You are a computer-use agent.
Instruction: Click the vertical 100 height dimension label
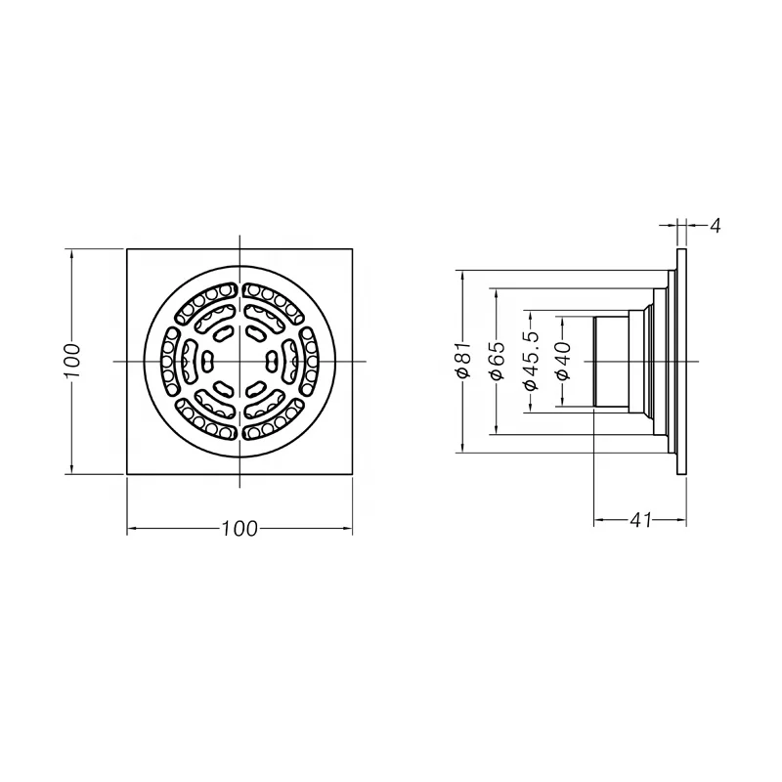click(70, 362)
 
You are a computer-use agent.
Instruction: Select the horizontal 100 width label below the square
click(239, 529)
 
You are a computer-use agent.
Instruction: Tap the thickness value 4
click(715, 226)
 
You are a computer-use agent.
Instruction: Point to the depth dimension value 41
click(640, 521)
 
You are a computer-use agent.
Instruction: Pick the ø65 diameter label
click(497, 362)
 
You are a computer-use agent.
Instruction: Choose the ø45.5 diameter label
click(531, 362)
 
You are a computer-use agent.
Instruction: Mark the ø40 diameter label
click(563, 362)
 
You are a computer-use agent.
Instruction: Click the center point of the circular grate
click(239, 362)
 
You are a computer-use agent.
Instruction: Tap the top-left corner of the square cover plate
click(128, 249)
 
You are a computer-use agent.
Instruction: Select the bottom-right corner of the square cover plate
click(352, 474)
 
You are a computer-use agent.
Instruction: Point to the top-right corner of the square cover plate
click(352, 249)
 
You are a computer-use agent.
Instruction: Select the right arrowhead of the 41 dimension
click(682, 521)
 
